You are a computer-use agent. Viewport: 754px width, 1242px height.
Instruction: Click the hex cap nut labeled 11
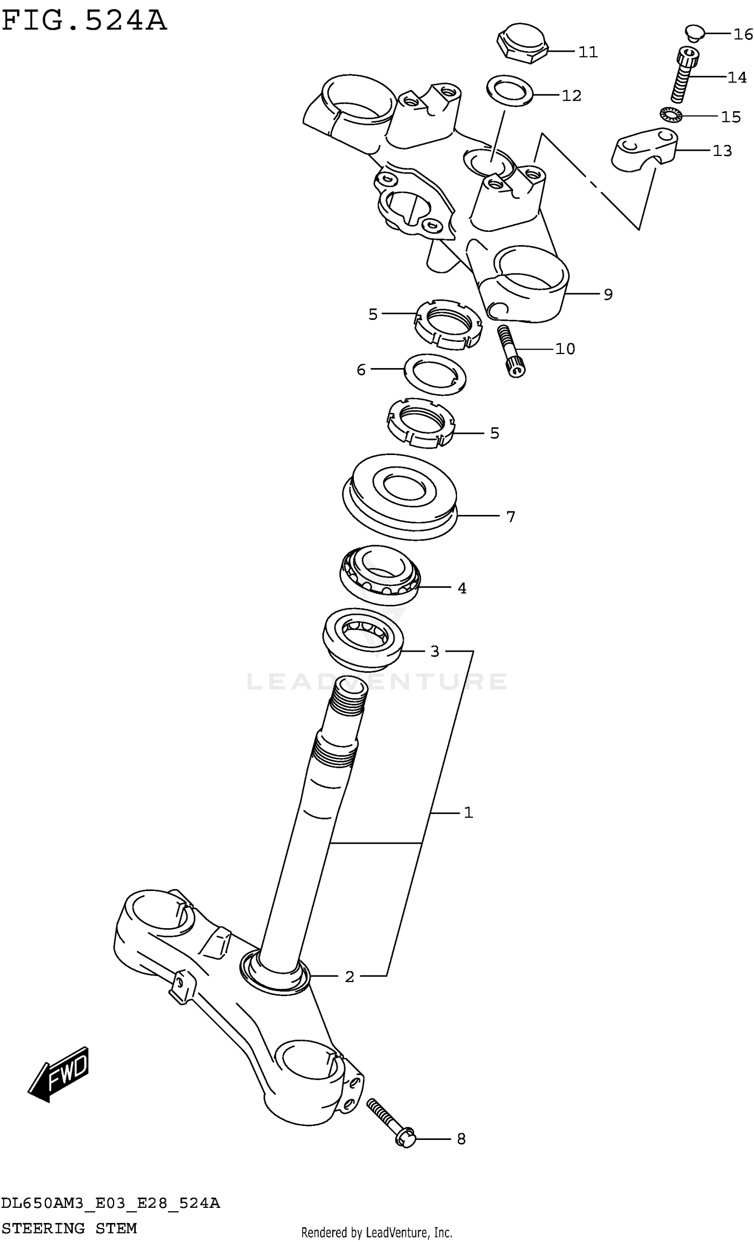522,42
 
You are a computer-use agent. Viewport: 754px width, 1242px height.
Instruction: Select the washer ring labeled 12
511,91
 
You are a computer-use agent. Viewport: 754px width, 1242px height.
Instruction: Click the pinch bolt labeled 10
511,351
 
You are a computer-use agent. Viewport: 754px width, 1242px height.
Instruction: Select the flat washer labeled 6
434,374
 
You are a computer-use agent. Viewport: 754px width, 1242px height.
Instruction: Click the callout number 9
608,294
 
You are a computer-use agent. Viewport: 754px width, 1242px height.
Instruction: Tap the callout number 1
468,812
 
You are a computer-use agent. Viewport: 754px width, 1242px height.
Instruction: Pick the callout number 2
349,977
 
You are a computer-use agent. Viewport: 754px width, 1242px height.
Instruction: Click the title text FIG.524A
83,21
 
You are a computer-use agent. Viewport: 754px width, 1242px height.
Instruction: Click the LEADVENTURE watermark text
377,681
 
